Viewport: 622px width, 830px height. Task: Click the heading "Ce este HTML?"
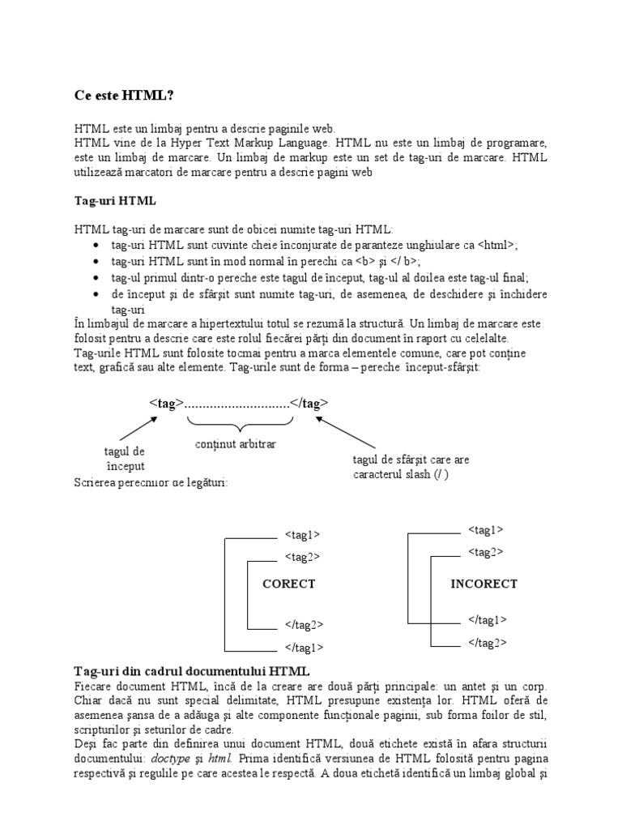[x=123, y=96]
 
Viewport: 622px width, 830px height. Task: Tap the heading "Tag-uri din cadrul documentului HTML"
[x=191, y=671]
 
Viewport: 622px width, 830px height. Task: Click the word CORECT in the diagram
[x=289, y=584]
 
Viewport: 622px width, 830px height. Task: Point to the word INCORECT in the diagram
[x=484, y=584]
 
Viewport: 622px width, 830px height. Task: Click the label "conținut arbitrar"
[x=235, y=444]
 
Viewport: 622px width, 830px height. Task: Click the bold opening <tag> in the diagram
[x=167, y=403]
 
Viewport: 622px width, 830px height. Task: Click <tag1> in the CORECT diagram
[x=302, y=535]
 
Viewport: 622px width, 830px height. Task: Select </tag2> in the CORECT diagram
[x=305, y=624]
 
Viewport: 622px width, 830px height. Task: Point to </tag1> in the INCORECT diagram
[x=488, y=620]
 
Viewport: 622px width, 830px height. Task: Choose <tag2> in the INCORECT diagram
[x=485, y=552]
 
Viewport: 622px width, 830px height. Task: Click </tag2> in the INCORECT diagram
[x=488, y=643]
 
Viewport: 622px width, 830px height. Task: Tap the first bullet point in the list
[x=97, y=246]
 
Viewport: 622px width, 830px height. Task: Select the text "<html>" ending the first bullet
[x=496, y=246]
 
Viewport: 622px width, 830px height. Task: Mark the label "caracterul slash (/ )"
[x=400, y=474]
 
